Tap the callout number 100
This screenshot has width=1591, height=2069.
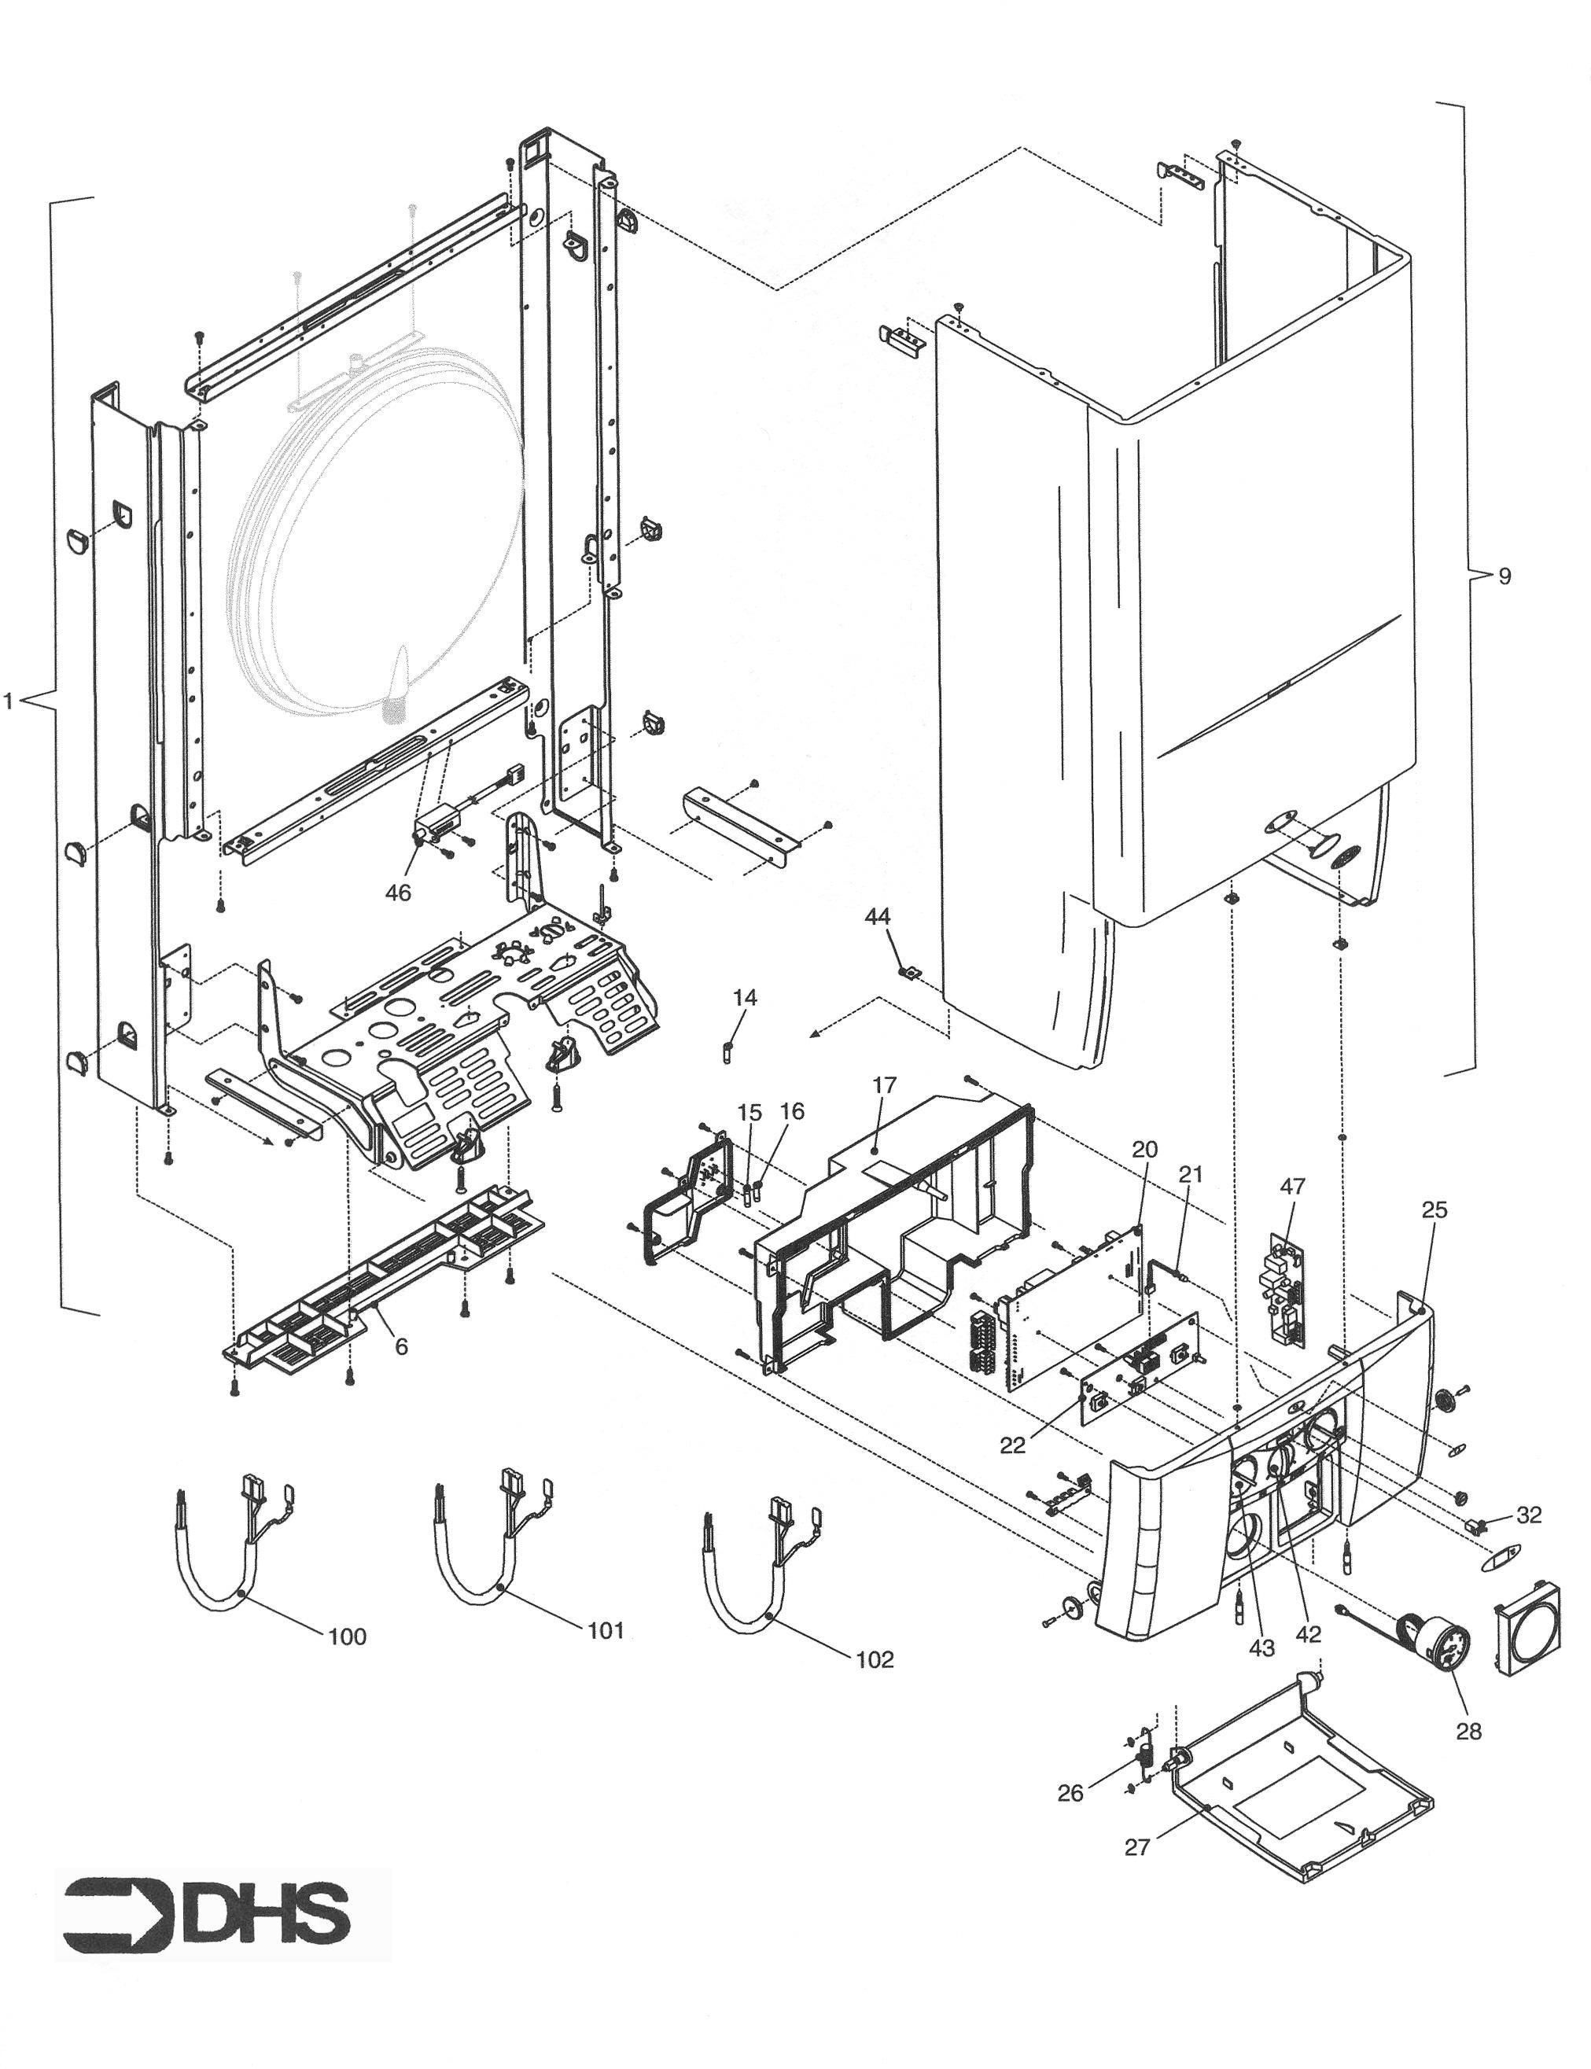[x=347, y=1636]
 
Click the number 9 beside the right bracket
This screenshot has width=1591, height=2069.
[x=1504, y=576]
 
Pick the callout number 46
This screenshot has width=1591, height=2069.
[x=398, y=892]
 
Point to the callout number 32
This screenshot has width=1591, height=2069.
[x=1529, y=1515]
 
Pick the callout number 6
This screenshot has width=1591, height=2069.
[x=402, y=1346]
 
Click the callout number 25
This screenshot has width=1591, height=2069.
[x=1434, y=1209]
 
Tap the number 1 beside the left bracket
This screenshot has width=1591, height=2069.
[x=9, y=701]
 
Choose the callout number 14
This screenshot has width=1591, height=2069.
[x=746, y=997]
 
